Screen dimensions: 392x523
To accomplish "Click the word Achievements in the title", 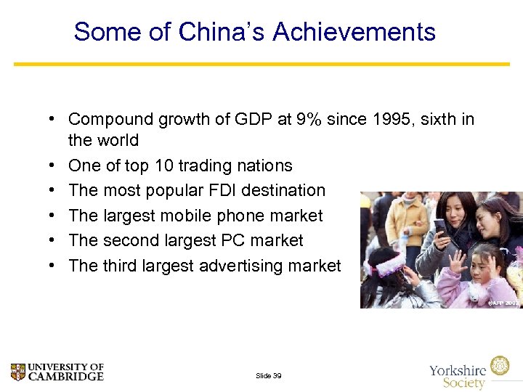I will coord(354,32).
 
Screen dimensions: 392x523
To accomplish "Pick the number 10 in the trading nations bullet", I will coord(164,166).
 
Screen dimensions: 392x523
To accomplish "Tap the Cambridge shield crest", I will coord(18,372).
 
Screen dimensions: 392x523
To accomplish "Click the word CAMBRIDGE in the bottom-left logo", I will coord(66,377).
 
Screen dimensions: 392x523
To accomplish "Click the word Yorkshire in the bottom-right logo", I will coord(458,369).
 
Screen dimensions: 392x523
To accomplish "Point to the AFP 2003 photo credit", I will coord(503,302).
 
